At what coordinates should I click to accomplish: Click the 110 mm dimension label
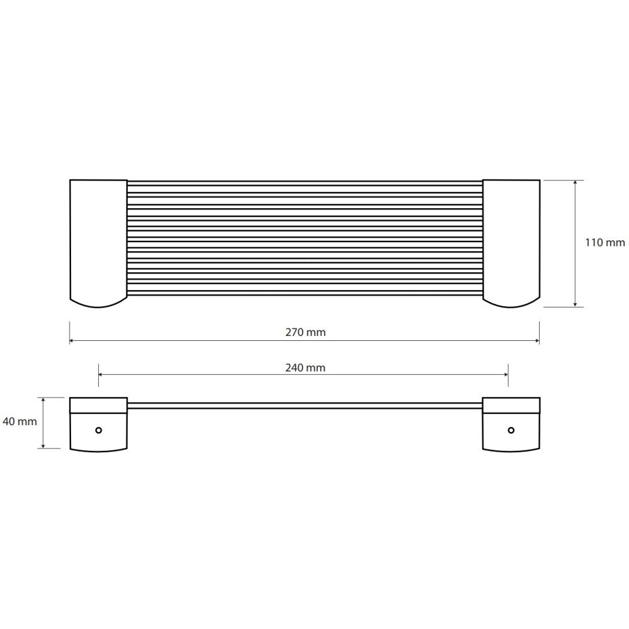click(x=604, y=242)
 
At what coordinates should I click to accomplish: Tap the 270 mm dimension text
click(x=305, y=332)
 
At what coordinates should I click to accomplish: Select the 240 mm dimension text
click(x=305, y=367)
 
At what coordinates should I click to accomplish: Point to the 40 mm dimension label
click(x=19, y=421)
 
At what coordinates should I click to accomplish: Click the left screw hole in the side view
click(x=98, y=430)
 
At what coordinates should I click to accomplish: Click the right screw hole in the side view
click(x=511, y=430)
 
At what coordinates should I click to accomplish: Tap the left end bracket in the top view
click(x=98, y=243)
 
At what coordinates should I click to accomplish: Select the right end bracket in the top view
click(x=511, y=243)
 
